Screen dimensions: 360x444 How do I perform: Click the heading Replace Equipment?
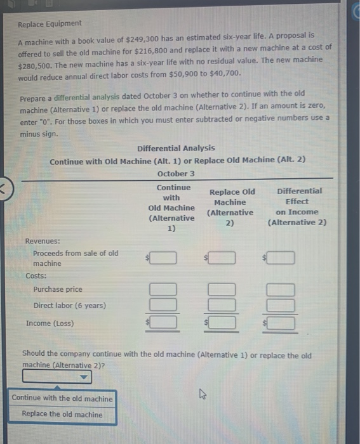point(50,23)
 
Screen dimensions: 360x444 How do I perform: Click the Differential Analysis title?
point(176,148)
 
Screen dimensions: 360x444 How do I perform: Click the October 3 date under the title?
point(176,173)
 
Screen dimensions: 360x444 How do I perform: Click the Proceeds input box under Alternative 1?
point(163,258)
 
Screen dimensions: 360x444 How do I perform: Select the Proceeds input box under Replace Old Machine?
point(222,258)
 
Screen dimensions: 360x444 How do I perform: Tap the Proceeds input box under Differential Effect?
point(281,258)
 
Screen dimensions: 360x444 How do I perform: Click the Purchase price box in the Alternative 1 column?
point(163,289)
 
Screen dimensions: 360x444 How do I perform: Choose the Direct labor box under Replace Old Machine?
point(222,305)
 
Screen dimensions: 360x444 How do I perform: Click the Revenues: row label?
point(43,241)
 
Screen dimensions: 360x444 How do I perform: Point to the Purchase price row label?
point(58,289)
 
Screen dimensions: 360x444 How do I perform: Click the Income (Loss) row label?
point(50,323)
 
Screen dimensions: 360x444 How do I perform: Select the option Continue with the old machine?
point(62,398)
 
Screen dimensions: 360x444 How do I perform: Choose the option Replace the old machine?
point(62,414)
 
